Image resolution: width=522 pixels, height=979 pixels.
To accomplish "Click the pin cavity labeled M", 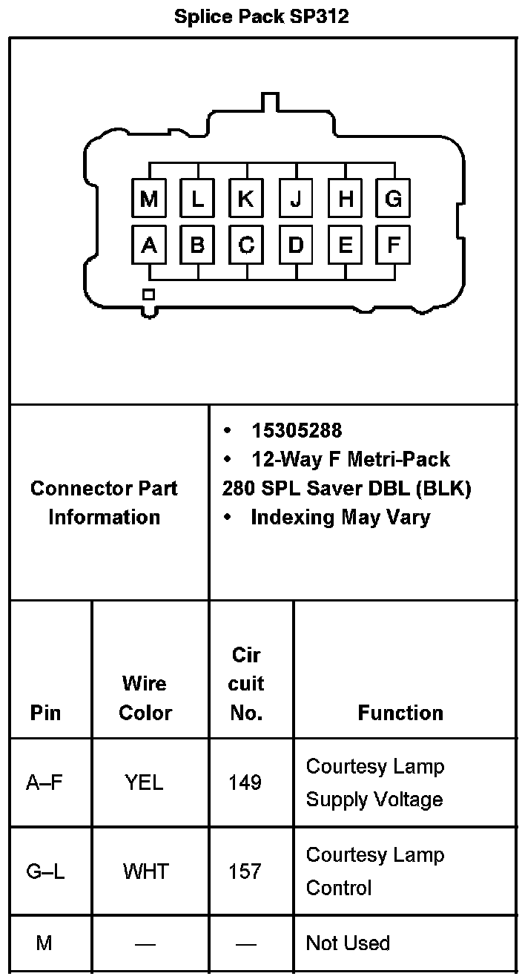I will coord(149,199).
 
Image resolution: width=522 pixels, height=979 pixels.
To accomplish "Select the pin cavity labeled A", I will coord(149,245).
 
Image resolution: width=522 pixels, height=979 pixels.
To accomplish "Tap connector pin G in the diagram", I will coord(393,199).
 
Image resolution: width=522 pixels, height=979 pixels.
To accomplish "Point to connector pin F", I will coord(393,245).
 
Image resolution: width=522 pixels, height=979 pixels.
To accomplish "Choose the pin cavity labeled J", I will coord(295,199).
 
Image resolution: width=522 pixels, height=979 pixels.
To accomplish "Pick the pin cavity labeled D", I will coord(295,245).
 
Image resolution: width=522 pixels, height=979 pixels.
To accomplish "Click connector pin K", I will coord(246,199).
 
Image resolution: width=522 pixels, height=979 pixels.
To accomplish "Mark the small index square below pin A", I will coord(148,294).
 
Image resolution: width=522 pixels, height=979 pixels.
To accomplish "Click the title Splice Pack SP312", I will coord(261,16).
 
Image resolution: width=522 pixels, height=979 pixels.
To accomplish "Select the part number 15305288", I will coord(297,430).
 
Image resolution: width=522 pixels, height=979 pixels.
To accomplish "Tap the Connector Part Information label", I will coord(104,503).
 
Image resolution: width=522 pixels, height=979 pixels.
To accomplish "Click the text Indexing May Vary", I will coord(340,517).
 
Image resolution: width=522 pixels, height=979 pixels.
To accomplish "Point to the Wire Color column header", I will coord(145,698).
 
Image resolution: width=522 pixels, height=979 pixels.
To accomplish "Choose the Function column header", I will coord(400,713).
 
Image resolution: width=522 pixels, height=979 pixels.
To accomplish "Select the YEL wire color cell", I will coord(144,782).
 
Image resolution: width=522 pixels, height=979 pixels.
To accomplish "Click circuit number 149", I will coord(245,782).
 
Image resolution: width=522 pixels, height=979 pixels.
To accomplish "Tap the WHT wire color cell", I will coord(145,871).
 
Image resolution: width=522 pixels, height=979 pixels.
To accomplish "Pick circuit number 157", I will coord(245,871).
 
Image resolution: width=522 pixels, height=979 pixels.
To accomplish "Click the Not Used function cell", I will coord(348,943).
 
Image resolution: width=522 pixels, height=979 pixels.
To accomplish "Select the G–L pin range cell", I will coord(45,871).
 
